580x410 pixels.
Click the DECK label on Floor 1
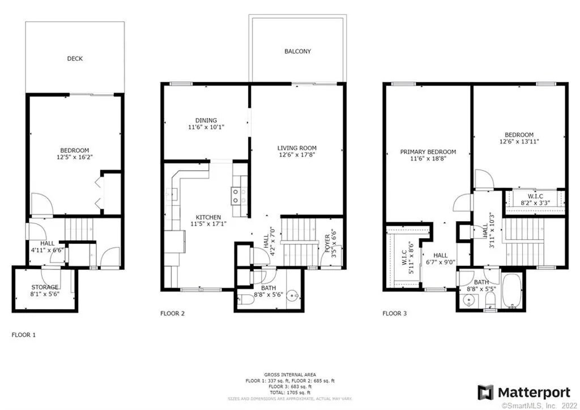point(75,58)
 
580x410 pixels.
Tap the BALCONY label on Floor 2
point(297,52)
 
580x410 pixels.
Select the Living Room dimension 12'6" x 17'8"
point(296,156)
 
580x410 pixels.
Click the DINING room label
point(206,120)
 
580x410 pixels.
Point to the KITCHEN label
point(208,217)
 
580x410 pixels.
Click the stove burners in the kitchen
point(237,196)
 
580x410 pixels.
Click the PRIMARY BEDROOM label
point(428,152)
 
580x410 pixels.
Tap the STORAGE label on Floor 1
point(45,287)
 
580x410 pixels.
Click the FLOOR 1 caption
point(24,335)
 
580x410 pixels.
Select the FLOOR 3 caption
point(394,313)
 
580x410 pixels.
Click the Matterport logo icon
point(485,392)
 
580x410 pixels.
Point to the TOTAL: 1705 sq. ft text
point(290,392)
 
